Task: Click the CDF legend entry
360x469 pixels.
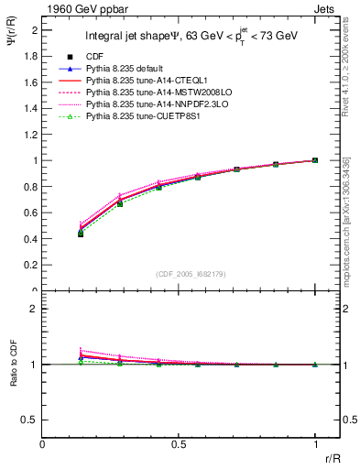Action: pyautogui.click(x=96, y=57)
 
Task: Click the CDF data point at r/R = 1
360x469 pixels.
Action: pyautogui.click(x=314, y=160)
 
